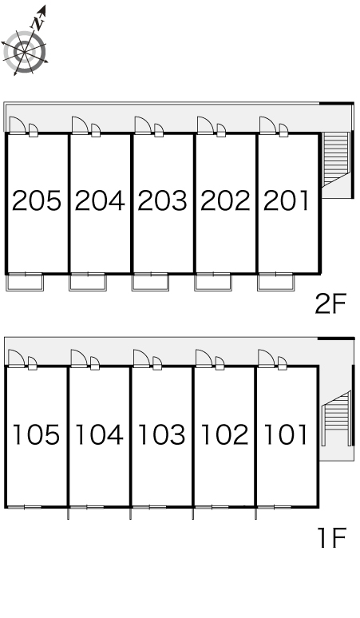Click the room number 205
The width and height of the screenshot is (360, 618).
pyautogui.click(x=37, y=200)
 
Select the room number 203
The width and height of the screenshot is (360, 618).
pyautogui.click(x=162, y=200)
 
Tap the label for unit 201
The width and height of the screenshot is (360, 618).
pyautogui.click(x=286, y=200)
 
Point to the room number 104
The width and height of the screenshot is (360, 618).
pyautogui.click(x=99, y=434)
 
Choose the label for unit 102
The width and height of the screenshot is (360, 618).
pyautogui.click(x=224, y=434)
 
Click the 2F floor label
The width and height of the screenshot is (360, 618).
pyautogui.click(x=330, y=303)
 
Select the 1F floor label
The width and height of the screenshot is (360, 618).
pyautogui.click(x=331, y=537)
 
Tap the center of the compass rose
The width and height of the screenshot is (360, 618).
pyautogui.click(x=25, y=52)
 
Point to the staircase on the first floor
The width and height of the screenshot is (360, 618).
pyautogui.click(x=336, y=418)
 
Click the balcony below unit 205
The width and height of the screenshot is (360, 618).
pyautogui.click(x=25, y=282)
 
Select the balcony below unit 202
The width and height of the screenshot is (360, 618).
pyautogui.click(x=212, y=282)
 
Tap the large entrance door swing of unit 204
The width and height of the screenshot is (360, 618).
pyautogui.click(x=80, y=125)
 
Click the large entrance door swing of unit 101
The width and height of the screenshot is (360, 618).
pyautogui.click(x=267, y=359)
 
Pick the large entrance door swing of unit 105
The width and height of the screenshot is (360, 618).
pyautogui.click(x=17, y=359)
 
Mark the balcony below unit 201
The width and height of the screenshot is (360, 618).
pyautogui.click(x=275, y=282)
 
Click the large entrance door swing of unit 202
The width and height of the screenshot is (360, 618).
pyautogui.click(x=205, y=125)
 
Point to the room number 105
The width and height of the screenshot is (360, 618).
pyautogui.click(x=36, y=434)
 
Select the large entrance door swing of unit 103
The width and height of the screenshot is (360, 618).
pyautogui.click(x=141, y=359)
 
